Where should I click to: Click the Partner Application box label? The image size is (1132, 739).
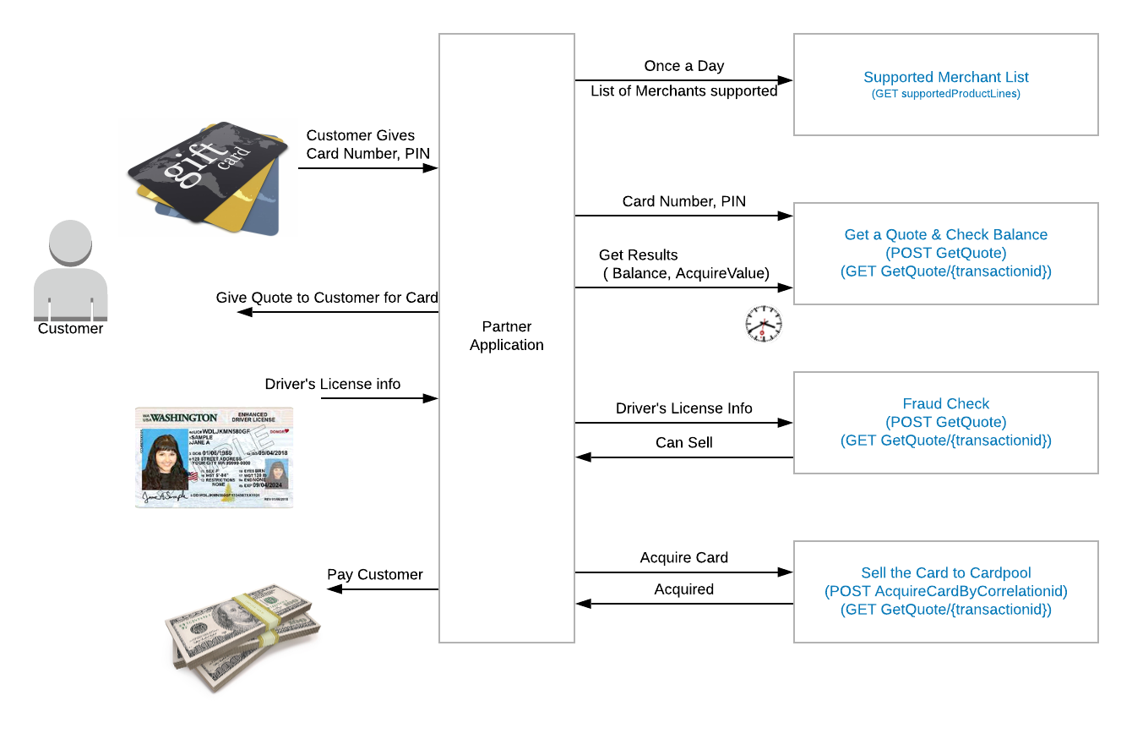tap(506, 336)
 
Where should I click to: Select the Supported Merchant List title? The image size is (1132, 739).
tap(945, 77)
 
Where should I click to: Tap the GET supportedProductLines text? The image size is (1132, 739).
tap(945, 94)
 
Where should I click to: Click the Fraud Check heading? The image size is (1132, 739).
tap(945, 403)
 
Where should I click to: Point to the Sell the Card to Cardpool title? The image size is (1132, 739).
tap(945, 572)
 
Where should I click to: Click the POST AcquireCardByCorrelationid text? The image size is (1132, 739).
tap(945, 591)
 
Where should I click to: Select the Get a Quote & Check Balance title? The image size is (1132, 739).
tap(945, 234)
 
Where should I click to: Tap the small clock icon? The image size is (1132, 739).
tap(763, 324)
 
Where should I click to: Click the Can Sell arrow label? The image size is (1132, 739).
tap(683, 442)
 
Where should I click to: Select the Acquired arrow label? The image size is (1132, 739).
tap(683, 589)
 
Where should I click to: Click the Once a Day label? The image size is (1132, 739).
tap(683, 66)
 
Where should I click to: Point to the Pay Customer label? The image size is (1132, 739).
tap(374, 574)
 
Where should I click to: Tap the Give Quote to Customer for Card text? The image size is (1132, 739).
tap(327, 297)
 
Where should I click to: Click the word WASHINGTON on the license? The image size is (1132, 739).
tap(184, 417)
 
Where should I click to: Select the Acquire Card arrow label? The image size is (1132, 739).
tap(683, 557)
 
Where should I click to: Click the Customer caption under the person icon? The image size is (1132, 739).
tap(70, 328)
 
